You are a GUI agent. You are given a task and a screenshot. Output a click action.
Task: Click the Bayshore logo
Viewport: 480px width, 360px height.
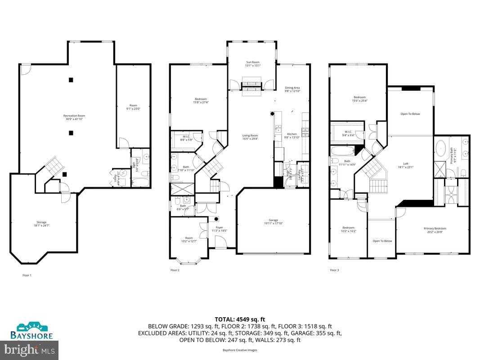coord(32,330)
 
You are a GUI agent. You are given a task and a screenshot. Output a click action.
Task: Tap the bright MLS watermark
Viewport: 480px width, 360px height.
coord(29,349)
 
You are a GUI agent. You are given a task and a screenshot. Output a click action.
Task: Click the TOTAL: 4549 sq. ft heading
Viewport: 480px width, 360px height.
coord(240,319)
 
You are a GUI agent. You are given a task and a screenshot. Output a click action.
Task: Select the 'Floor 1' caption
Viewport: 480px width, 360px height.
coord(27,275)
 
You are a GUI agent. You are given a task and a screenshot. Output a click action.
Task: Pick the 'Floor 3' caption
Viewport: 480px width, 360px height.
coord(334,270)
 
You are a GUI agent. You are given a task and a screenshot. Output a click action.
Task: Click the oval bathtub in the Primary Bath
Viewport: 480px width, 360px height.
coord(441,148)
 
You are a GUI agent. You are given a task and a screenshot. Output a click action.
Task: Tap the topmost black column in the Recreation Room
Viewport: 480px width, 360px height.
coord(71,80)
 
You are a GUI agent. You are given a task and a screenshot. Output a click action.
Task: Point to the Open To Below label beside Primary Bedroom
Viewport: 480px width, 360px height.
coord(382,241)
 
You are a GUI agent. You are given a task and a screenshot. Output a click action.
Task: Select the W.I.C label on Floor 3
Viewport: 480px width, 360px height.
coord(348,131)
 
